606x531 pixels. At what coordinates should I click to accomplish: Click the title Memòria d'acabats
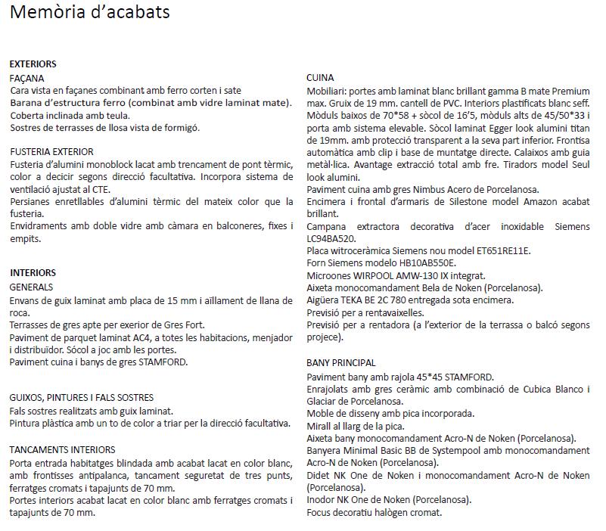click(90, 12)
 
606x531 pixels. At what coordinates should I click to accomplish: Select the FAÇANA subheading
click(27, 78)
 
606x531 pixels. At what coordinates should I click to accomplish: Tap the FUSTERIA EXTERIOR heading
click(52, 152)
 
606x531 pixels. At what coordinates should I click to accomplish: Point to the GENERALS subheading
click(31, 287)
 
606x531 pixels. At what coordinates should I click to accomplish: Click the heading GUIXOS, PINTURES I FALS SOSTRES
click(82, 397)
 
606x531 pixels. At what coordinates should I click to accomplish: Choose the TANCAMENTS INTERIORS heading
click(63, 449)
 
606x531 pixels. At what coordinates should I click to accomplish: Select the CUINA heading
click(320, 78)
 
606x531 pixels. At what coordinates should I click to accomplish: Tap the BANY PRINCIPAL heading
click(341, 363)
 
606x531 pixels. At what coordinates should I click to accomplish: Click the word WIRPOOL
click(374, 275)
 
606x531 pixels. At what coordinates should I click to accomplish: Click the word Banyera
click(325, 450)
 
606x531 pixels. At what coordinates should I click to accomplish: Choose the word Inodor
click(322, 499)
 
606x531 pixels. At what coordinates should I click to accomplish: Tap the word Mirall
click(321, 426)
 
